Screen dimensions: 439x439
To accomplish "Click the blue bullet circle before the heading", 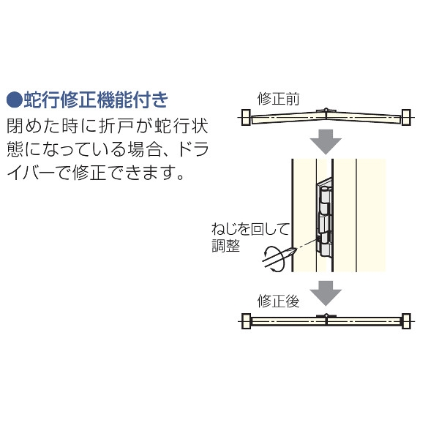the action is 15,100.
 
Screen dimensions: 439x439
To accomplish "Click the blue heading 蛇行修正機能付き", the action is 96,100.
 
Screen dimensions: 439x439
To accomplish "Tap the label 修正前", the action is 278,99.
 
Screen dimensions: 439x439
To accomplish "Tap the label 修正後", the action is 278,301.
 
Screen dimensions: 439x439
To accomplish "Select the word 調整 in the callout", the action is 225,246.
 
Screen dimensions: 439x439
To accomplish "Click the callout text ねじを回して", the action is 250,229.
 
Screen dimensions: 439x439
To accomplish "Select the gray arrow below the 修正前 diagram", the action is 326,142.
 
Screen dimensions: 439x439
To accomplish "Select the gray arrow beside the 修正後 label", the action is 326,293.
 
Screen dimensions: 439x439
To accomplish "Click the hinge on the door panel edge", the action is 325,217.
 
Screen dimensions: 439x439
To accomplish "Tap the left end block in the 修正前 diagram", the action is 246,117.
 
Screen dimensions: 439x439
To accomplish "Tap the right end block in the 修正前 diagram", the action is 406,117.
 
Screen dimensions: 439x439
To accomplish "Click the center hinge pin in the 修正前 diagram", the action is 326,110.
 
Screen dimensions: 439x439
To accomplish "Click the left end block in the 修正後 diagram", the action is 246,321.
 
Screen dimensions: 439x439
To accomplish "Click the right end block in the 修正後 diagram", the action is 406,321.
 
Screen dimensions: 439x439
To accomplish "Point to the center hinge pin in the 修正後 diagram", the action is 326,315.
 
